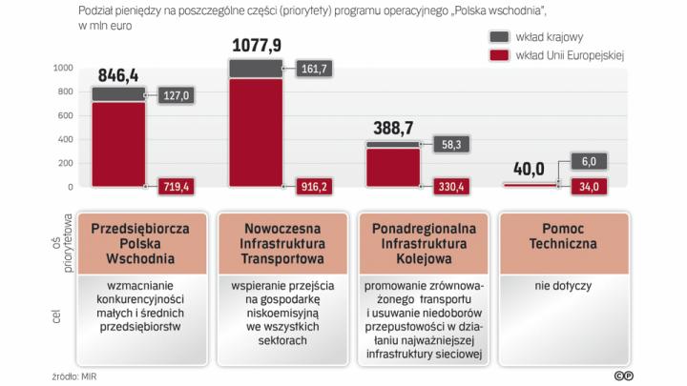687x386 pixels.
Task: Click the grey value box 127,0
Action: (177, 95)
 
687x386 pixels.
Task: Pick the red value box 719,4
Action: (177, 187)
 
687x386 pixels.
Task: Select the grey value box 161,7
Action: (316, 69)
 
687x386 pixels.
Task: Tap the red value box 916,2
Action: (316, 187)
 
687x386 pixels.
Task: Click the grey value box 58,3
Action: (452, 144)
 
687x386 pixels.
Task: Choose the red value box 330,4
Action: (452, 187)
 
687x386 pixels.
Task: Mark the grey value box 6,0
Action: (589, 162)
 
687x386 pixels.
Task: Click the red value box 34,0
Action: (589, 187)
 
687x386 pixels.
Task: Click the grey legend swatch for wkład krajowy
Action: (499, 36)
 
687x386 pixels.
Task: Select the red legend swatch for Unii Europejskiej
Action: (499, 55)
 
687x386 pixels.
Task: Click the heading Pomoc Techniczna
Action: (564, 236)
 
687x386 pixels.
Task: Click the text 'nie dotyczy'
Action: (564, 284)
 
